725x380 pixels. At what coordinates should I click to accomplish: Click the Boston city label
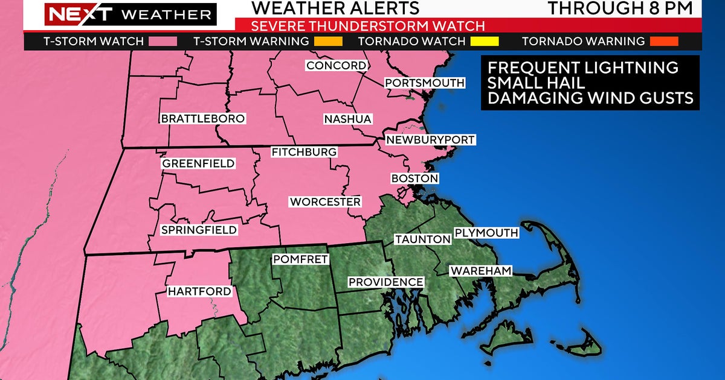click(x=414, y=179)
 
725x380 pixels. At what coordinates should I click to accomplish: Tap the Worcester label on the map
click(x=325, y=201)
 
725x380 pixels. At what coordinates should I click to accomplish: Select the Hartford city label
click(x=199, y=291)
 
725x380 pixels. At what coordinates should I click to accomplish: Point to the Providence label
click(x=385, y=282)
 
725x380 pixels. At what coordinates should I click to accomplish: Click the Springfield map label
click(x=199, y=230)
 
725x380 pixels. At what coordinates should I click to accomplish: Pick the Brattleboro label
click(x=203, y=119)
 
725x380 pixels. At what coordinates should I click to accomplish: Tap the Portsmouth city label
click(x=425, y=83)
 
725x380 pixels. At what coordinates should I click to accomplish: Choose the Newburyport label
click(x=431, y=140)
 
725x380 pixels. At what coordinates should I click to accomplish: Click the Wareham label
click(x=481, y=271)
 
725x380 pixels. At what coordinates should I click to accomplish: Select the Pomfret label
click(x=300, y=259)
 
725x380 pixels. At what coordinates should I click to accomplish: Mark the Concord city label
click(x=337, y=65)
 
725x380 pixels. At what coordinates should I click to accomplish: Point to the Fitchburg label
click(x=303, y=152)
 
